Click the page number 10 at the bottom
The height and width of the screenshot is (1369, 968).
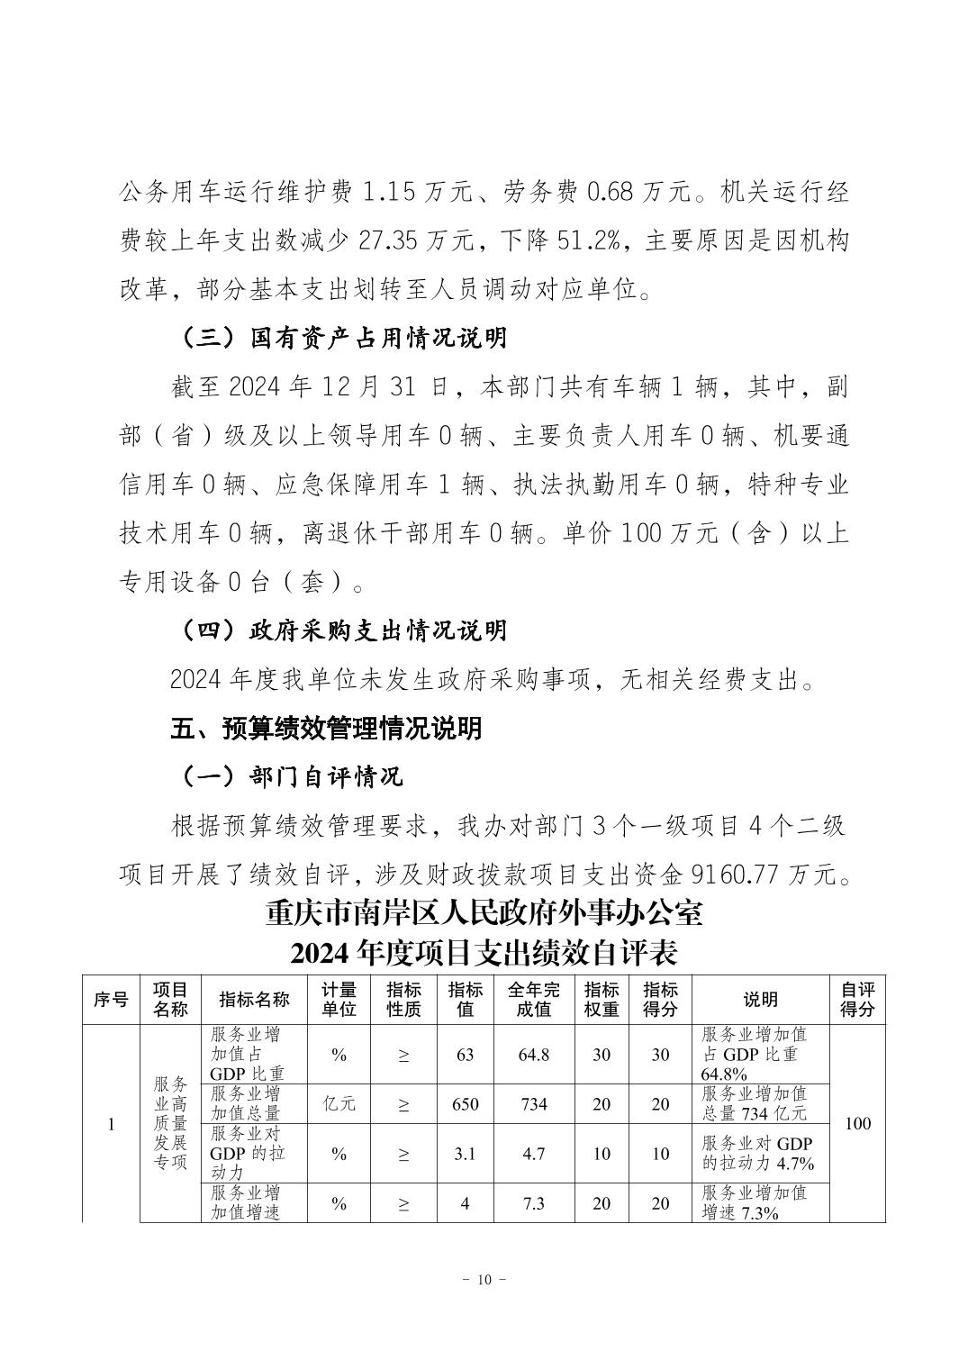(x=484, y=1280)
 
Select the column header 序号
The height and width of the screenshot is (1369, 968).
(x=111, y=999)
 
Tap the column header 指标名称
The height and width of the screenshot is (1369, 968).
(x=254, y=999)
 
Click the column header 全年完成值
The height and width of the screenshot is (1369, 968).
(x=533, y=999)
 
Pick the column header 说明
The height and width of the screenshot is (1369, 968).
(x=760, y=999)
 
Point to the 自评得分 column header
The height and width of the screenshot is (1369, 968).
(x=857, y=999)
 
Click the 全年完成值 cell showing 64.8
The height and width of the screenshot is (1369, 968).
(x=533, y=1055)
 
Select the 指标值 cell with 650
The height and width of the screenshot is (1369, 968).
(x=465, y=1104)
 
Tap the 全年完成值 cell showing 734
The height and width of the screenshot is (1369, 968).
(x=533, y=1104)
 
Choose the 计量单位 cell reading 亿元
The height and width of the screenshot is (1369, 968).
(x=339, y=1104)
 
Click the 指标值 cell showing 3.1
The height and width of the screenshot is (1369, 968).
(x=465, y=1154)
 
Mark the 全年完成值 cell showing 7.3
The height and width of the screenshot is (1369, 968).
(x=533, y=1203)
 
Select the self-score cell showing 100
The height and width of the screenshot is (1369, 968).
(x=858, y=1124)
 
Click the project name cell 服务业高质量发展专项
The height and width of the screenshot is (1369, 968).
(x=170, y=1123)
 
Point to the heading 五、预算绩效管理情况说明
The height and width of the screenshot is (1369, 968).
(x=326, y=728)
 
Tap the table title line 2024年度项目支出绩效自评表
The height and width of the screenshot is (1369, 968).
(x=484, y=951)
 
